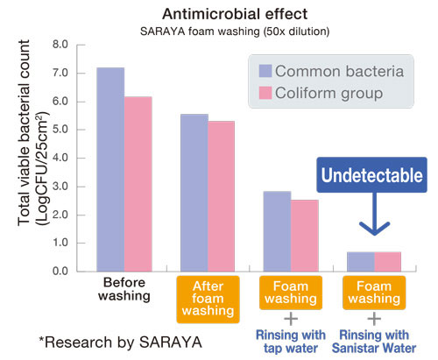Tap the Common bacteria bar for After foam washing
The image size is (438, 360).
194,193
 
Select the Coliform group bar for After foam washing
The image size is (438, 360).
221,196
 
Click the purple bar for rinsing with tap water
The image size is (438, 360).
277,231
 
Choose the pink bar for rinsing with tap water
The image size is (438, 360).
304,236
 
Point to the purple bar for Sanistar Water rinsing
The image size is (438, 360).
360,261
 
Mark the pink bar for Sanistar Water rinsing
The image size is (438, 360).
387,261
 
